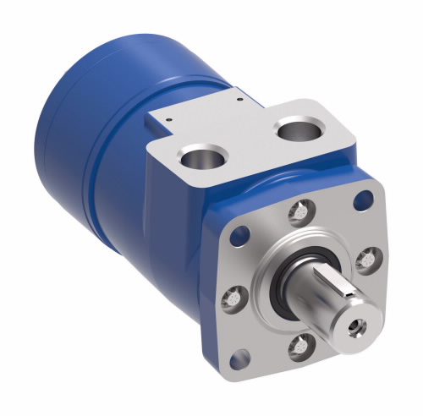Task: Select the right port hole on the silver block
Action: [x=297, y=131]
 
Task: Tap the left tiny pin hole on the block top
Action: [x=168, y=121]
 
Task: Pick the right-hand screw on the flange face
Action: [x=365, y=259]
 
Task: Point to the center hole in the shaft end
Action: [x=354, y=323]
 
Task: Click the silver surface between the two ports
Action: [x=245, y=140]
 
